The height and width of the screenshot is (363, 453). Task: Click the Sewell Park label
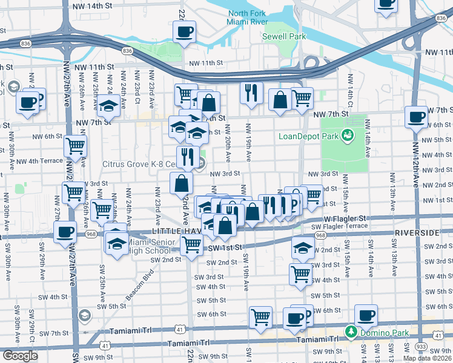[283, 36]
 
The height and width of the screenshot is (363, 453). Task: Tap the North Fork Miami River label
[247, 18]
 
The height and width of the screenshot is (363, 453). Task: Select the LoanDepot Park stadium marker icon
[348, 134]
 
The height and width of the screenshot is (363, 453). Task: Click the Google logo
[20, 355]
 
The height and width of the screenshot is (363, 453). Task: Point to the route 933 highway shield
[420, 345]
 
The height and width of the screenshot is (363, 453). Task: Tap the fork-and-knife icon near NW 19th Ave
[251, 93]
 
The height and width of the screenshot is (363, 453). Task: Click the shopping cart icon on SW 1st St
[192, 245]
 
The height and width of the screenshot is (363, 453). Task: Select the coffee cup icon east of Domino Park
[366, 315]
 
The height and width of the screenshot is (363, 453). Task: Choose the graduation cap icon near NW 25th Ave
[108, 105]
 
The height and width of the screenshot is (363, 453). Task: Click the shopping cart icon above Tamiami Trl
[260, 316]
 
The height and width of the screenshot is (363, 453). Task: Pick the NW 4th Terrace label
[39, 162]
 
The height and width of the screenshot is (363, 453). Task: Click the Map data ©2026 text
[427, 358]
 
